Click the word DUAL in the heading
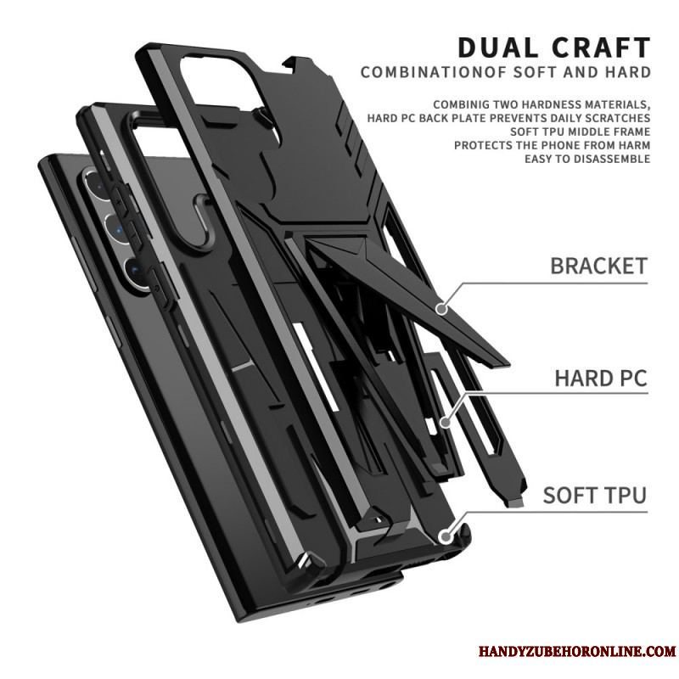(x=495, y=48)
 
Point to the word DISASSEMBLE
(x=612, y=159)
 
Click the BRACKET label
(x=599, y=266)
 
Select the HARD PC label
(x=601, y=378)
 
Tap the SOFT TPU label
(x=595, y=495)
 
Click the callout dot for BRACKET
(x=441, y=309)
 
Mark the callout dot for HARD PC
(x=445, y=422)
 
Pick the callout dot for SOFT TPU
(x=444, y=537)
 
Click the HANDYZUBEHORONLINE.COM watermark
(x=577, y=651)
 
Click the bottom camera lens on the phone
(x=136, y=272)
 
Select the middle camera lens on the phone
(x=116, y=228)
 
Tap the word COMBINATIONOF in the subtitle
(x=435, y=72)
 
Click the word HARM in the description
(x=634, y=145)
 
